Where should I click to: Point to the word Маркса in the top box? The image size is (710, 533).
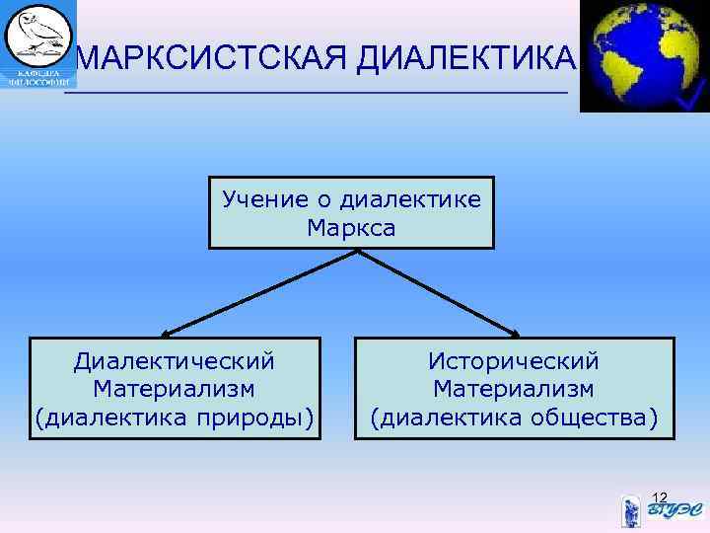pos(351,229)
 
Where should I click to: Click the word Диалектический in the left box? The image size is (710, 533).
pos(174,362)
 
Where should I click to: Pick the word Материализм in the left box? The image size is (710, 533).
pos(174,391)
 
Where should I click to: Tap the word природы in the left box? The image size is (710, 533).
pos(260,419)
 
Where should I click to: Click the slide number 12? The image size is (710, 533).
pos(660,495)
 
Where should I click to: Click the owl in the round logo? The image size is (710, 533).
pos(37,35)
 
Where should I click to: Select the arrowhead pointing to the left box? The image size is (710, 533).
pos(166,334)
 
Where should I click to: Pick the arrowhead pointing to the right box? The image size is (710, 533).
pos(520,334)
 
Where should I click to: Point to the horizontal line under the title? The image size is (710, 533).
pos(316,93)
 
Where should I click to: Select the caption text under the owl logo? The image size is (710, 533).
pos(36,78)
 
